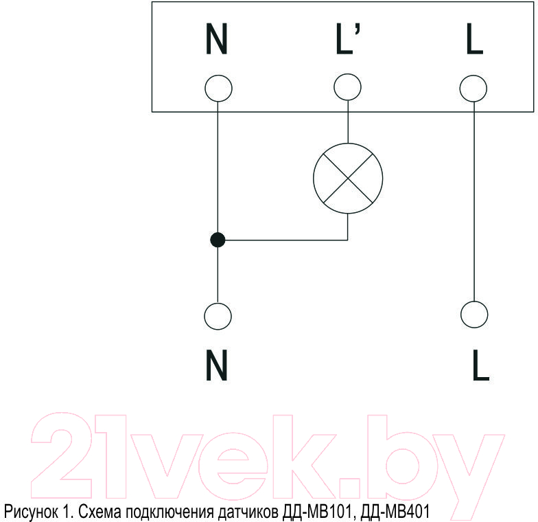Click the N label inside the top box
217,38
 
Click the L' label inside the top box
348,38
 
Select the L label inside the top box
475,38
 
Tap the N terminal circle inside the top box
218,88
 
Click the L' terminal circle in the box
347,87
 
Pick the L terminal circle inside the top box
473,88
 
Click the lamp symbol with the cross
348,179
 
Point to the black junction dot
218,240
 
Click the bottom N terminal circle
218,316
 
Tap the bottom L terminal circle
474,315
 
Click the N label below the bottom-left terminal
217,365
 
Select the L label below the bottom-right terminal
481,365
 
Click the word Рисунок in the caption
31,511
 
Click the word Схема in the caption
100,512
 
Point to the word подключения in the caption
170,512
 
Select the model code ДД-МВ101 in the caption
317,512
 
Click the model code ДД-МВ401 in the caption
395,512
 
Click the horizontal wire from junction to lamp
283,240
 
